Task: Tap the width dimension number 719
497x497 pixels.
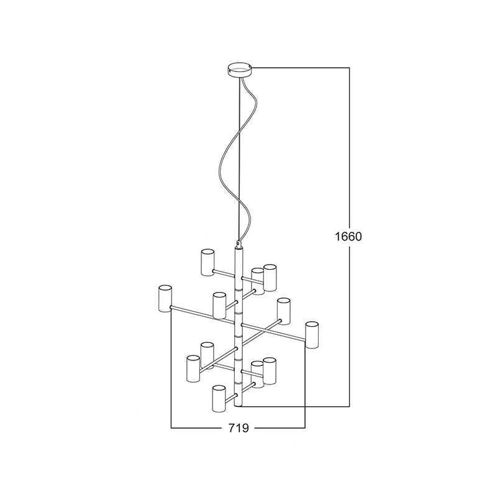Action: tap(239, 428)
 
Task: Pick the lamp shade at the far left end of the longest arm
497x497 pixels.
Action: tap(165, 299)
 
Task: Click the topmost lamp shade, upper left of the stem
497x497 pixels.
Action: tap(207, 262)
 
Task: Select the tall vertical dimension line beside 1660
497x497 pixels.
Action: tap(349, 155)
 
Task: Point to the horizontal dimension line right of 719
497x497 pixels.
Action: tap(280, 428)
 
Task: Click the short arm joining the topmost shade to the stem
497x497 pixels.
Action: tap(224, 273)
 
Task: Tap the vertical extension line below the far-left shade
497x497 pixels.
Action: tap(171, 373)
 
